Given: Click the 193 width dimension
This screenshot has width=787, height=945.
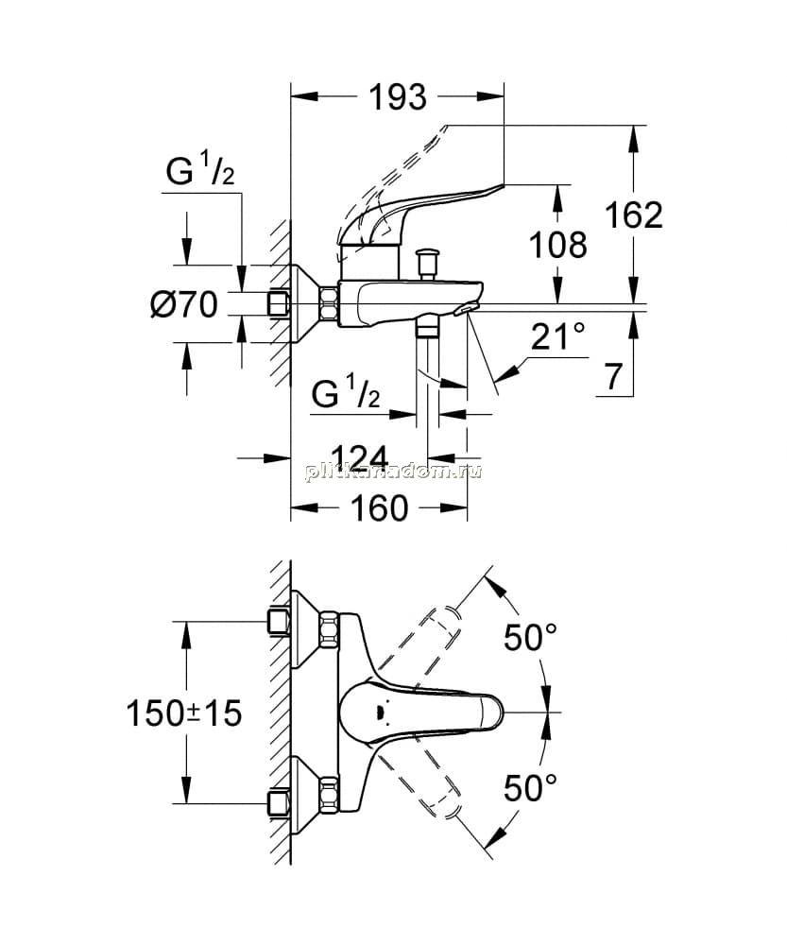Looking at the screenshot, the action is (x=397, y=97).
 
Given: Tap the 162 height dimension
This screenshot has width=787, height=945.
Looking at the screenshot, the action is (x=633, y=215).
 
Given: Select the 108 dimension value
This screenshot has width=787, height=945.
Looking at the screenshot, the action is (x=558, y=245).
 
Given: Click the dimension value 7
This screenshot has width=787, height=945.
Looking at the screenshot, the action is (x=612, y=377).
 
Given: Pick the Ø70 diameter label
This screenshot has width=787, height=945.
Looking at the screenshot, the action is (x=184, y=303).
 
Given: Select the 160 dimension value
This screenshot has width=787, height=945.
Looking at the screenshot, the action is (x=380, y=508).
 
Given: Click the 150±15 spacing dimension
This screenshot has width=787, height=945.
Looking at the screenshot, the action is (x=184, y=713).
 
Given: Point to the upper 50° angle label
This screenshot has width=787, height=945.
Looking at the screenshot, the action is (x=530, y=637).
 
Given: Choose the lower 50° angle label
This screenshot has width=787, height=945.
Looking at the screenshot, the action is (x=530, y=788).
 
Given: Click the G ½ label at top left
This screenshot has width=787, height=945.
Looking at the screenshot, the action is (x=200, y=168).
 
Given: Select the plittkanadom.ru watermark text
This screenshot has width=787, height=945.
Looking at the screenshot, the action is (x=393, y=472).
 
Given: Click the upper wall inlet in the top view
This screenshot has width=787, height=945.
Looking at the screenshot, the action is (x=279, y=623).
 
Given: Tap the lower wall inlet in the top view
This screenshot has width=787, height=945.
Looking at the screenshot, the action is (x=279, y=803).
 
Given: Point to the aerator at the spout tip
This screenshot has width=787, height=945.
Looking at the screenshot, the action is (x=466, y=309).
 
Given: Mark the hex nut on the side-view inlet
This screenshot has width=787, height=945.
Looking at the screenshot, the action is (x=329, y=303).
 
